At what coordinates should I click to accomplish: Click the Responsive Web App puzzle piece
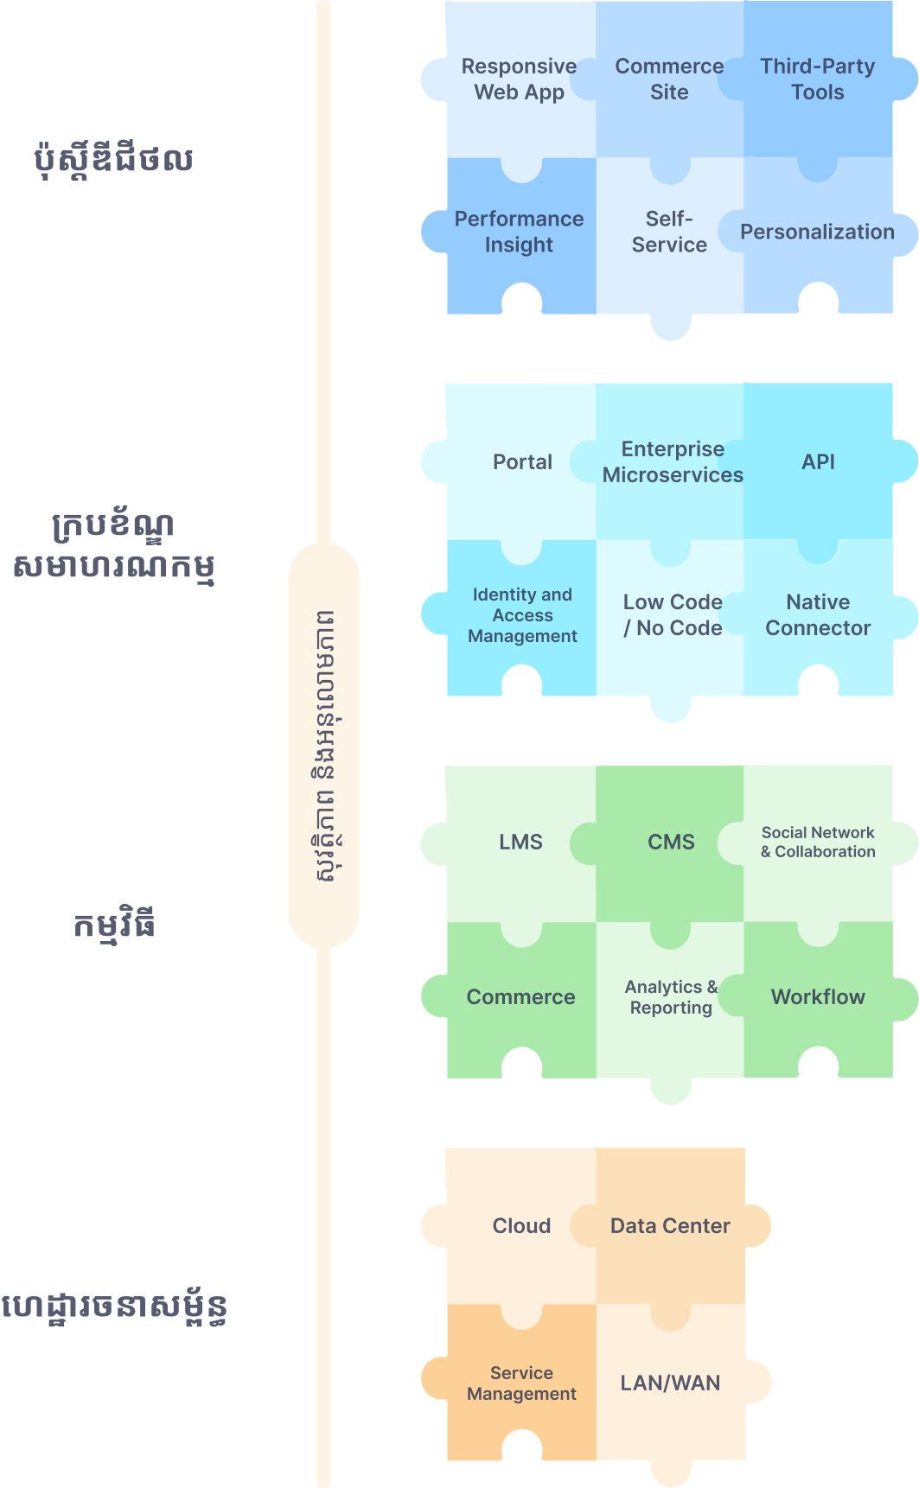coord(519,79)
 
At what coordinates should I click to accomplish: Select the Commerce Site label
coord(669,79)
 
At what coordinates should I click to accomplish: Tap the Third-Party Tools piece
coord(818,79)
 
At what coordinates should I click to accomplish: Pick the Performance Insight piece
coord(519,232)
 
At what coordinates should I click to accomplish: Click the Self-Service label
coord(669,232)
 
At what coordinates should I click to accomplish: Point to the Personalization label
coord(817,232)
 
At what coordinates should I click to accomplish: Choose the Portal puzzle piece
coord(522,462)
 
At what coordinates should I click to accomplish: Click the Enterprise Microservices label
coord(673,462)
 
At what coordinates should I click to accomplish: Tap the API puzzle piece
coord(818,462)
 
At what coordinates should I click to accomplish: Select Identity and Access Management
coord(522,615)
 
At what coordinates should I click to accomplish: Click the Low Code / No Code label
coord(673,615)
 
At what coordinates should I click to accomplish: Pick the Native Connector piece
coord(818,615)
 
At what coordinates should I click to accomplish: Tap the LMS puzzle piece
coord(520,843)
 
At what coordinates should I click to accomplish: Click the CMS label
coord(671,843)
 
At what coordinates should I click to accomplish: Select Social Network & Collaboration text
coord(818,843)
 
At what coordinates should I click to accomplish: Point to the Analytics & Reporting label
coord(671,997)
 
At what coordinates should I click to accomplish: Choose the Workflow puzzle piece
coord(818,997)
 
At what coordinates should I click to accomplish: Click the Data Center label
coord(670,1226)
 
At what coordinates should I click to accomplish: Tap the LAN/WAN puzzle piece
coord(670,1383)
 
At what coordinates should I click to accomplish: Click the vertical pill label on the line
coord(323,745)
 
